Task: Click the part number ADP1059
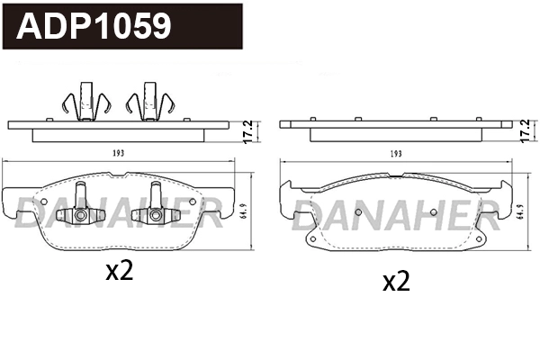[x=94, y=26]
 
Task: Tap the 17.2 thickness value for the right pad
[x=526, y=131]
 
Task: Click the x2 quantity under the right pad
[x=396, y=282]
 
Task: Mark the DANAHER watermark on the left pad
[x=117, y=213]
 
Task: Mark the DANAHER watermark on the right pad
[x=396, y=213]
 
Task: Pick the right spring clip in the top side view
[x=149, y=101]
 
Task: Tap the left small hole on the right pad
[x=357, y=212]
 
